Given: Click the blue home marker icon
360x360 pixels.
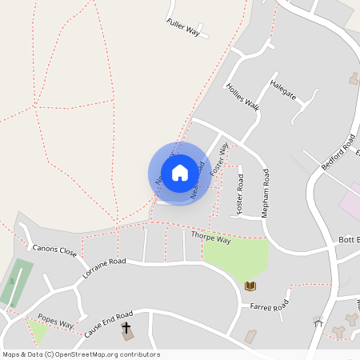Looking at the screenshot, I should pyautogui.click(x=180, y=173).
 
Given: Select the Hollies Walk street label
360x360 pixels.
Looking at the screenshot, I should pyautogui.click(x=242, y=96).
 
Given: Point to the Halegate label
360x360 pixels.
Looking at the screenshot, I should pyautogui.click(x=283, y=89).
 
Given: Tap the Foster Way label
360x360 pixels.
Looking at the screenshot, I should pyautogui.click(x=219, y=158).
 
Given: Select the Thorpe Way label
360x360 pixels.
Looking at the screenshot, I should pyautogui.click(x=211, y=238).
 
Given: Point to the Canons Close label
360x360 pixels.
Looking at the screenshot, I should pyautogui.click(x=54, y=251).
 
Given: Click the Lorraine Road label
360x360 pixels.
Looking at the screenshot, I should pyautogui.click(x=104, y=267).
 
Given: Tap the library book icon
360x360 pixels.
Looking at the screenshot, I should pyautogui.click(x=250, y=286).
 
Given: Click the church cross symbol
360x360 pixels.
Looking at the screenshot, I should pyautogui.click(x=126, y=328).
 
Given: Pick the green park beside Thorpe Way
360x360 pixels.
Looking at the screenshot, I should pyautogui.click(x=234, y=257).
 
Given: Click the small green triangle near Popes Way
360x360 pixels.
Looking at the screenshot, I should pyautogui.click(x=37, y=330).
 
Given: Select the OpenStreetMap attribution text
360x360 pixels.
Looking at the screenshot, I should pyautogui.click(x=81, y=354).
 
